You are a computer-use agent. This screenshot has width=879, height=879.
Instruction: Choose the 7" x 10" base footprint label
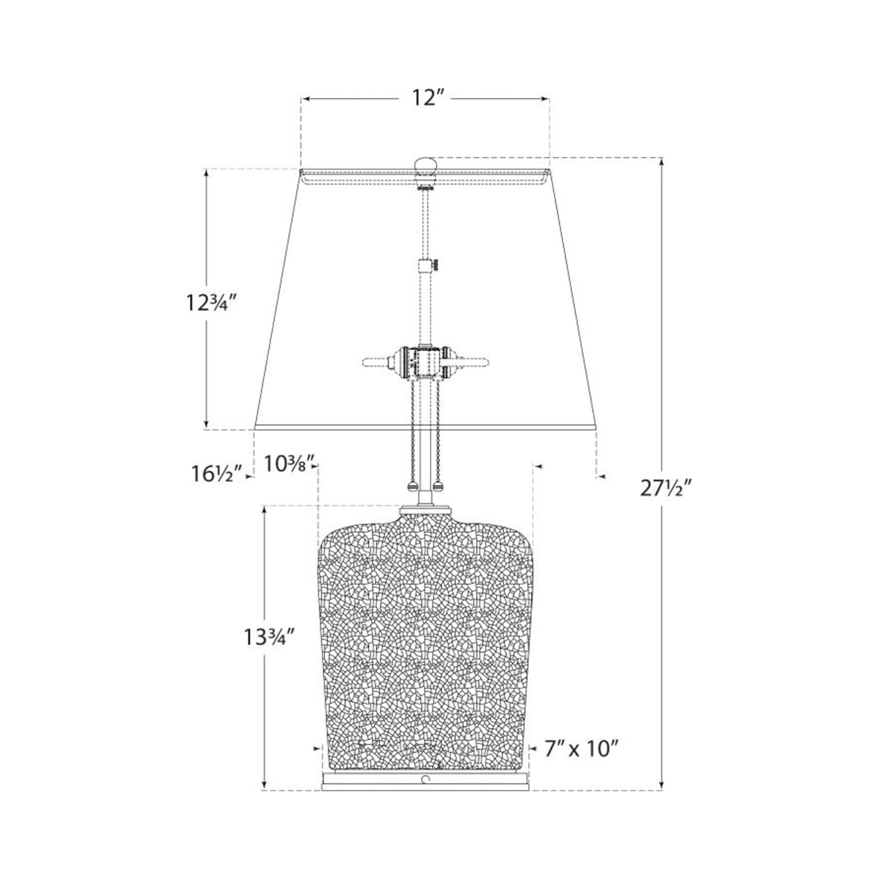[581, 748]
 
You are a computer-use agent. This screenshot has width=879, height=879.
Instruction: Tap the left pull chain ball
[412, 486]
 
